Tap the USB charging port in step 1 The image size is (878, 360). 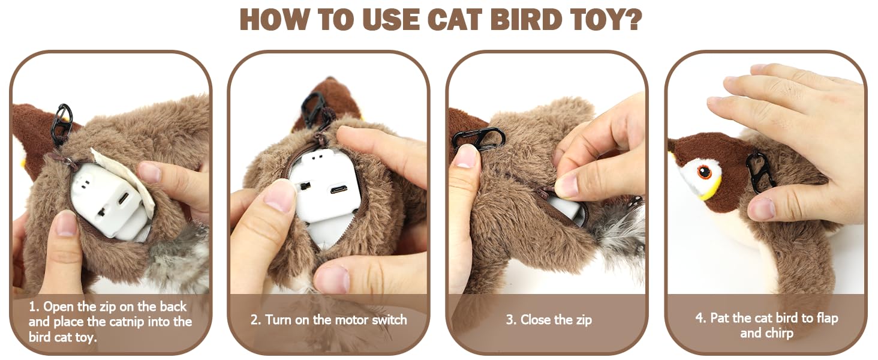(124, 198)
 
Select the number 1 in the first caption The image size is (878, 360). (33, 307)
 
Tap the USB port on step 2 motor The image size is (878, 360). (338, 190)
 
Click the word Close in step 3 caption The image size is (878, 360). (534, 320)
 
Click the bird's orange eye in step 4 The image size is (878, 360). (704, 172)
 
